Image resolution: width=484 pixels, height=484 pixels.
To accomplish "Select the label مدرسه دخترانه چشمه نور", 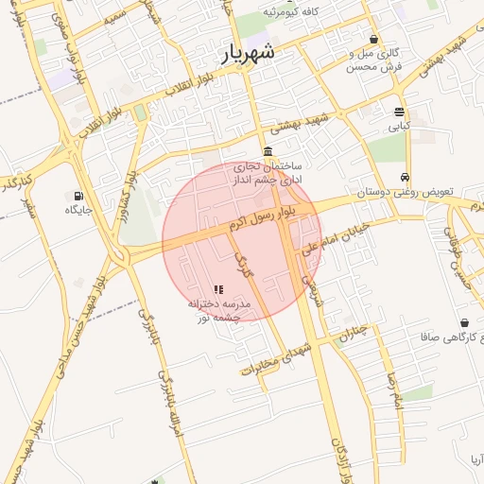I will pos(218,311).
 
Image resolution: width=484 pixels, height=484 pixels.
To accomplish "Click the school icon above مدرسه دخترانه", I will pos(218,289).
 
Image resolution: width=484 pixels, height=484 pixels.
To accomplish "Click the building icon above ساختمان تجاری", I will pos(269,151).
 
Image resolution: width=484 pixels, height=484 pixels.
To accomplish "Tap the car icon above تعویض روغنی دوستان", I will pos(405,178).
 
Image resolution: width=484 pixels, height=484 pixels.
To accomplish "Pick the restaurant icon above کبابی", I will pos(400,110).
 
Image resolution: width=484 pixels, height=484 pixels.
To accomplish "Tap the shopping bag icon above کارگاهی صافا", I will pos(464,322).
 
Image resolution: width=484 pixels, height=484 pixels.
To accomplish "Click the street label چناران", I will pos(353,333).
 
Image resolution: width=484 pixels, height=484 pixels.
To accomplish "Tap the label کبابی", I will pos(400,124).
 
